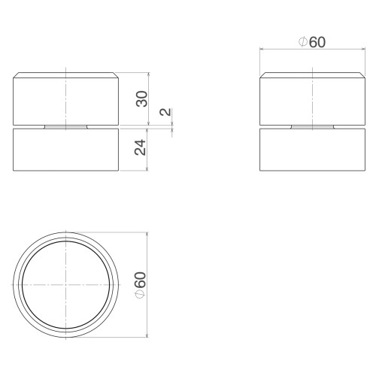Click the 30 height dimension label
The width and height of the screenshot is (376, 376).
[142, 99]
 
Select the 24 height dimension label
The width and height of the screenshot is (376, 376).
[140, 147]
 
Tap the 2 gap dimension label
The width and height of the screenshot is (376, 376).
[165, 111]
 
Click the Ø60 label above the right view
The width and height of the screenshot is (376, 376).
[312, 42]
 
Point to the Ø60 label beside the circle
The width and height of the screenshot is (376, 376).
[141, 285]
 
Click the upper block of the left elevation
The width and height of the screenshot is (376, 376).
[65, 99]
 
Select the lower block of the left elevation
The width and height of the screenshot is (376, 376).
[65, 150]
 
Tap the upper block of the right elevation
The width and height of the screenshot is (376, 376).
[312, 99]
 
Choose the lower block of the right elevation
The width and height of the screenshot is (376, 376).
[312, 150]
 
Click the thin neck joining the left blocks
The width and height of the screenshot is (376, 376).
[65, 127]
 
